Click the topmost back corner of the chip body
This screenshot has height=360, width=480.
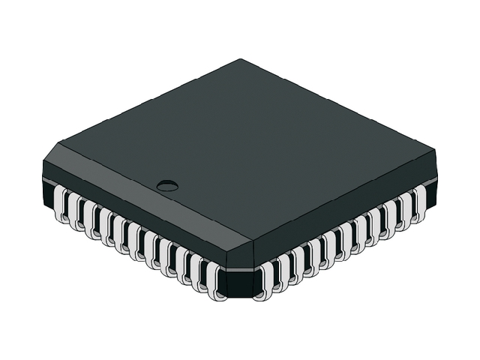241,59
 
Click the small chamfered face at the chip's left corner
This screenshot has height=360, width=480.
51,166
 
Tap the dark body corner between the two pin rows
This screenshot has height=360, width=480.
240,281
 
